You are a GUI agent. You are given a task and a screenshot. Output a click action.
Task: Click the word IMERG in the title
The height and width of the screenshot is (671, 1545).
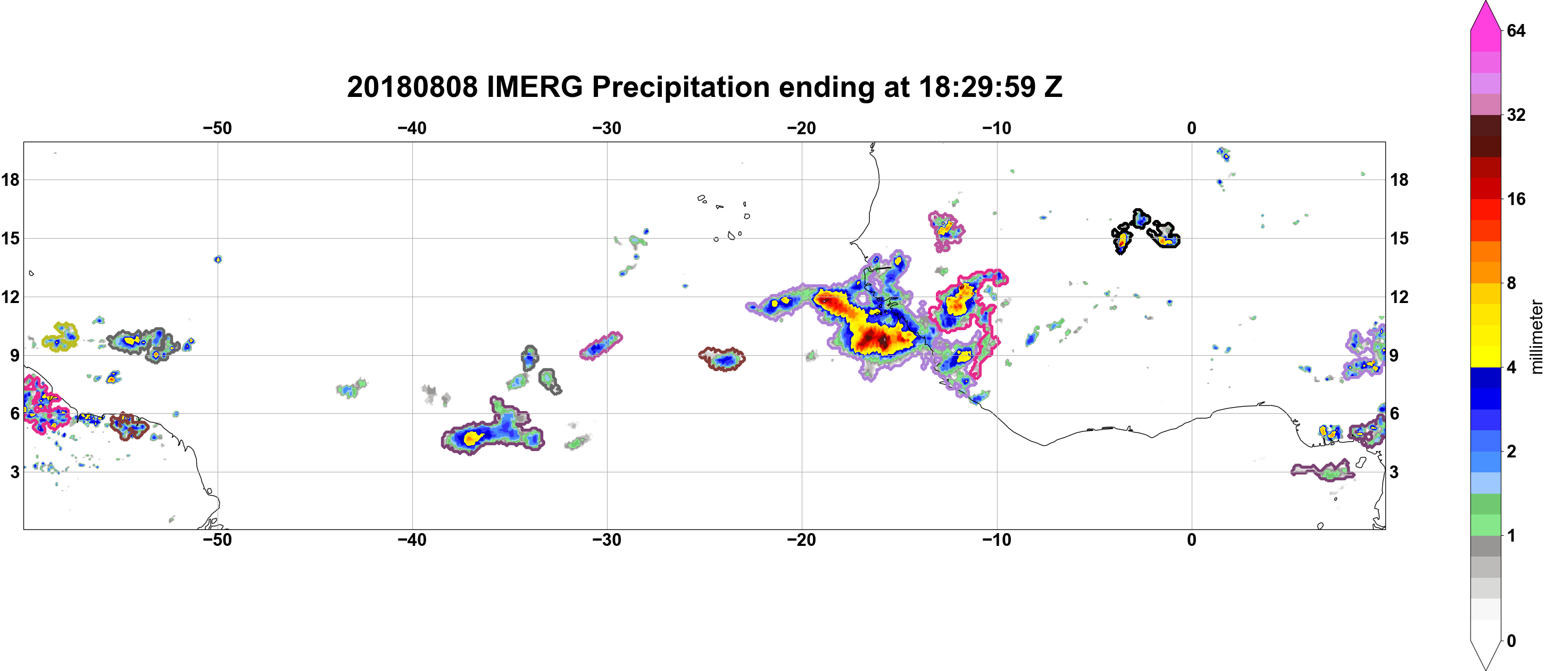point(534,87)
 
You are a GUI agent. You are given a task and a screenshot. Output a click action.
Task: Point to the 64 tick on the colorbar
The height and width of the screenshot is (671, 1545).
point(1516,30)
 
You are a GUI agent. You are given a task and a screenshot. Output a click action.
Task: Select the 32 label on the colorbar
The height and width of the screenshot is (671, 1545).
point(1516,114)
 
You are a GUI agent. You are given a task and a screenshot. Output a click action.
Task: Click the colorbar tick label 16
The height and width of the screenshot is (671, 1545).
point(1516,199)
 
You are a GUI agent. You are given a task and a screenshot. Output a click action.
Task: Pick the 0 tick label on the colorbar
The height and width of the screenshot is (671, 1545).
point(1511,641)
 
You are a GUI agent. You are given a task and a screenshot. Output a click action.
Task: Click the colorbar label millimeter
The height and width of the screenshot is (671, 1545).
point(1536,337)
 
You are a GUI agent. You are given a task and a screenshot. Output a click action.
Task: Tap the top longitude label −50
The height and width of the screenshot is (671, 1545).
point(217,128)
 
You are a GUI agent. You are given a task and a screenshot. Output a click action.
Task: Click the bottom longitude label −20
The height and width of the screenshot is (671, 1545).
point(802,539)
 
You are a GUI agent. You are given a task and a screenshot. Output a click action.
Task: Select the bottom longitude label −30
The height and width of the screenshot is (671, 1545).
point(607,539)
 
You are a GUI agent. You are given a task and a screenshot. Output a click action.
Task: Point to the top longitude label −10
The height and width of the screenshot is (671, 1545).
point(997,128)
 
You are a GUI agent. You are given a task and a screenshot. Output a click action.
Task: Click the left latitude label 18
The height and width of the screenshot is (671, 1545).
point(10,179)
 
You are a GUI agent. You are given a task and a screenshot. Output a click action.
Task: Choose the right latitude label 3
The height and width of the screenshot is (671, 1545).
point(1394,472)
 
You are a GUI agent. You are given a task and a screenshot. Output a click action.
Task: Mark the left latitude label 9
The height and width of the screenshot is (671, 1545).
point(14,355)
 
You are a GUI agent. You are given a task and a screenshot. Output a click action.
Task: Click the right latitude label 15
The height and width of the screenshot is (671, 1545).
point(1399,238)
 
